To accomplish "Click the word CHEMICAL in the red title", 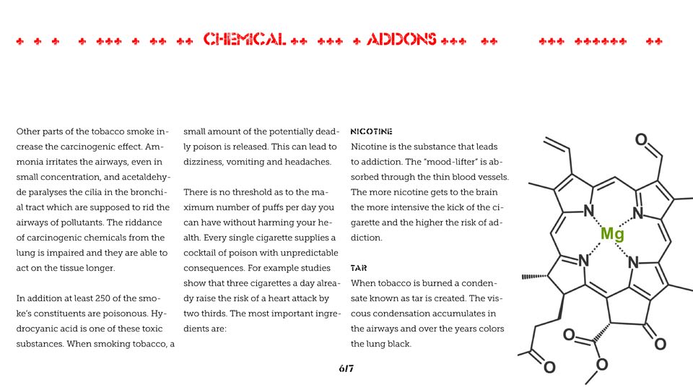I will click(x=245, y=40).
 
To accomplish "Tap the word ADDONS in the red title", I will click(x=401, y=40).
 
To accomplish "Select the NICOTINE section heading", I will click(x=371, y=132).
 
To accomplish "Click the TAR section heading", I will click(x=359, y=268).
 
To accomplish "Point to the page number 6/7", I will click(x=346, y=369).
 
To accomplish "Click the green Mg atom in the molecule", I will click(x=612, y=234).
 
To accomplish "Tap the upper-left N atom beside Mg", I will click(x=589, y=211).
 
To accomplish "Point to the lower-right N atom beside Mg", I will click(x=634, y=263).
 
